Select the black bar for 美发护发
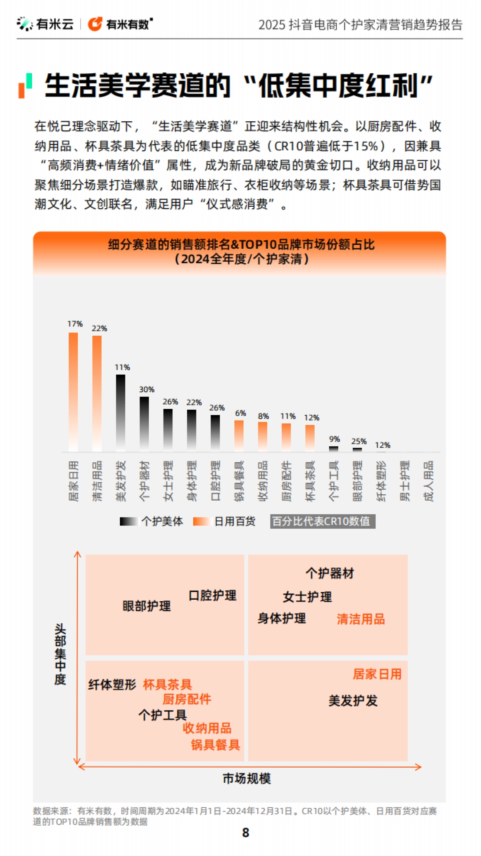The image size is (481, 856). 120,413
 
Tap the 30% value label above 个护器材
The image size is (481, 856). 146,389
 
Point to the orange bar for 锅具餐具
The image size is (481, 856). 239,435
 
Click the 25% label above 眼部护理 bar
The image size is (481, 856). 359,441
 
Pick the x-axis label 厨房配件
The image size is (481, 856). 287,481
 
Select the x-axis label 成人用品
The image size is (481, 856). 429,481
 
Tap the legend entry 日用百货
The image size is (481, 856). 224,521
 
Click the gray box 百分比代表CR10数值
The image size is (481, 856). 322,521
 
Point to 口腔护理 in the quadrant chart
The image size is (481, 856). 212,596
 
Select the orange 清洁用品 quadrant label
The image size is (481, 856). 361,619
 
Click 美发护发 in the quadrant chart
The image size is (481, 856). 353,701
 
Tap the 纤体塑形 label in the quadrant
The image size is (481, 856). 112,685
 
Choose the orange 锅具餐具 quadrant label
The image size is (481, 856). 215,745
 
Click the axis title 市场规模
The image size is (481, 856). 247,779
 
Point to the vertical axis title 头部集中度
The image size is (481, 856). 60,654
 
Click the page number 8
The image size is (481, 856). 246,833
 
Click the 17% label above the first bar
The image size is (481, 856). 75,324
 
